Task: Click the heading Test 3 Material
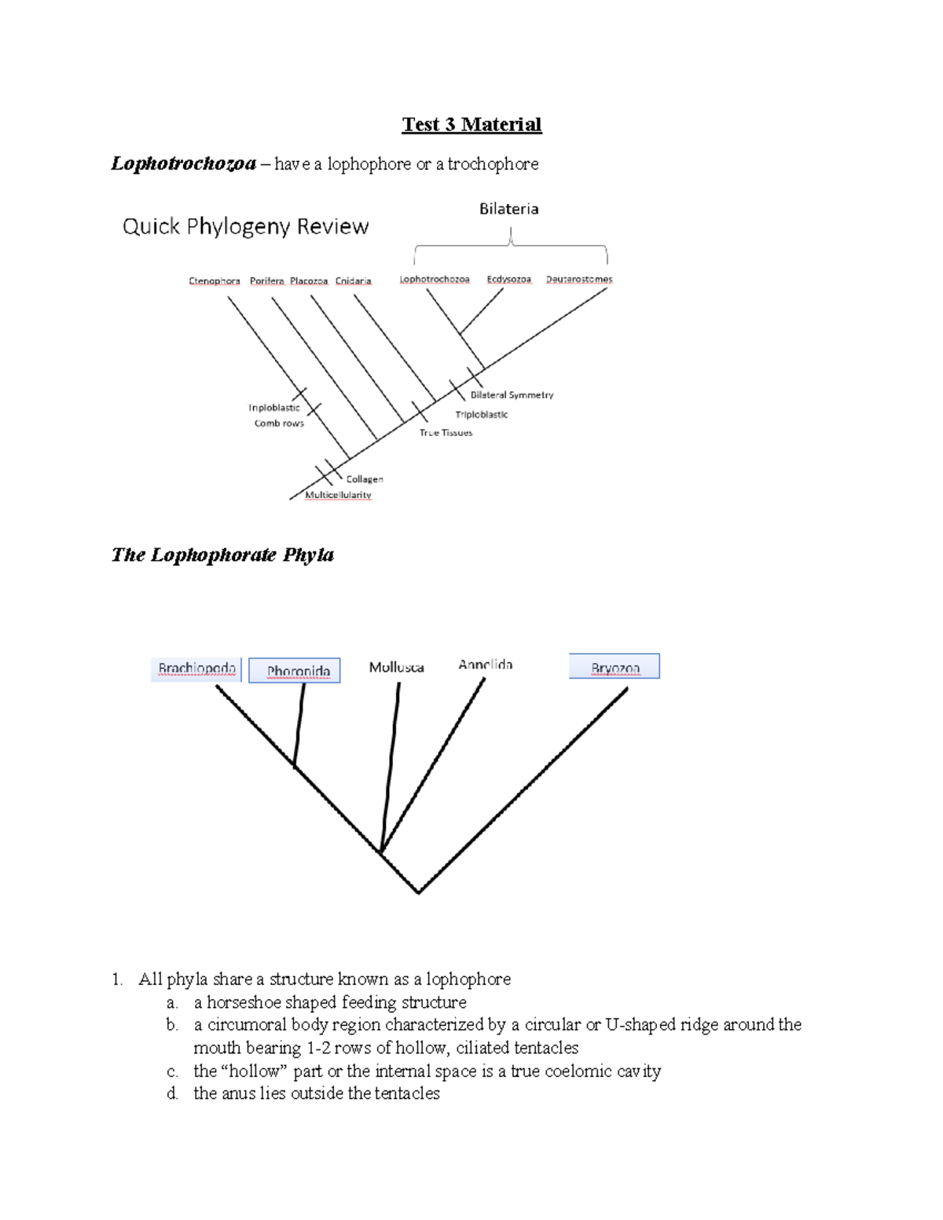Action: click(472, 125)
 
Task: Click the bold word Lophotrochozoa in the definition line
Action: click(183, 163)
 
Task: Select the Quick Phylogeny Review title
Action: click(245, 226)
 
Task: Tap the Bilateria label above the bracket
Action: click(508, 209)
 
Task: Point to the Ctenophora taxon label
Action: click(215, 280)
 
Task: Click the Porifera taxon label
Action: click(266, 280)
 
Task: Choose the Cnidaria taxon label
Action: click(353, 280)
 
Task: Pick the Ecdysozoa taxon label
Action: click(508, 279)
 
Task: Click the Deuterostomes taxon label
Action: click(579, 279)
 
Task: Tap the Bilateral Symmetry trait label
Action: click(512, 395)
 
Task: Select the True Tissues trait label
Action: click(446, 433)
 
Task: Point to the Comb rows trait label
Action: click(279, 423)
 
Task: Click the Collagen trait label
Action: click(365, 479)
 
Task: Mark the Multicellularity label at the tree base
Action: click(338, 495)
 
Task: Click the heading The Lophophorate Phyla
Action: click(222, 555)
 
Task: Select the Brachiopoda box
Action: click(196, 669)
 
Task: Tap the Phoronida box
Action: click(295, 670)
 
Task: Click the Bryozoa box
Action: click(615, 667)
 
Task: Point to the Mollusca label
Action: click(396, 667)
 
